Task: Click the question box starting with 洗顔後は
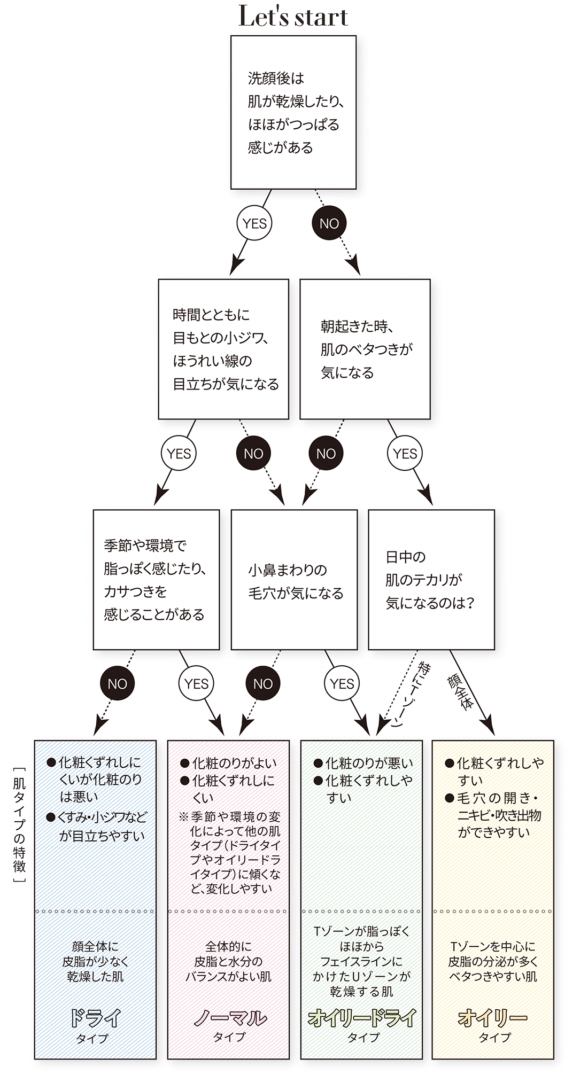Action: (293, 112)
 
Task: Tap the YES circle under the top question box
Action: (254, 223)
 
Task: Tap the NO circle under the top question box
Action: (329, 223)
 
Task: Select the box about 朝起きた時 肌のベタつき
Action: (365, 349)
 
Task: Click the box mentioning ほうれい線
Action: (223, 349)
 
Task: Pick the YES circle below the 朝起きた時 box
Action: (405, 454)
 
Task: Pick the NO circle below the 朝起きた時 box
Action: (326, 454)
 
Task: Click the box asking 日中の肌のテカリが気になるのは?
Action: (431, 580)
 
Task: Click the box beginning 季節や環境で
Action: (156, 580)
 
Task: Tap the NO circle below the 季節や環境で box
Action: (117, 684)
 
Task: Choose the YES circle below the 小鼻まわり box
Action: (342, 684)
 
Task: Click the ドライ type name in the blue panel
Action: (95, 1018)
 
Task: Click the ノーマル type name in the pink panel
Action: (229, 1018)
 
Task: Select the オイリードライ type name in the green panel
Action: (362, 1018)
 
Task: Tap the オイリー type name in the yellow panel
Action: (493, 1018)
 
